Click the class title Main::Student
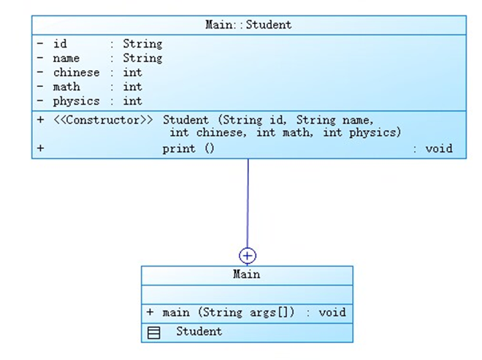tap(248, 25)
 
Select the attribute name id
tap(60, 44)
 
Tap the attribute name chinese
tap(76, 72)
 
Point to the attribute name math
tap(66, 87)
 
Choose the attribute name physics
tap(76, 102)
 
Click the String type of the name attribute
tap(142, 58)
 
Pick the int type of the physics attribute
tap(132, 102)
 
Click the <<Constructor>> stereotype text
tap(103, 120)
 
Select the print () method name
tap(188, 149)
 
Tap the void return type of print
tap(438, 149)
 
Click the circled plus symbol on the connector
tap(248, 256)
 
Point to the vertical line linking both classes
tap(248, 204)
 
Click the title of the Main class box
tap(247, 275)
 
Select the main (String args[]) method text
tap(229, 313)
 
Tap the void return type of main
tap(332, 313)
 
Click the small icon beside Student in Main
tap(154, 333)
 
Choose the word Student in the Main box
tap(199, 332)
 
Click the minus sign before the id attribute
tap(40, 44)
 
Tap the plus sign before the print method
tap(40, 149)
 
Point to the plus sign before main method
tap(150, 313)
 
